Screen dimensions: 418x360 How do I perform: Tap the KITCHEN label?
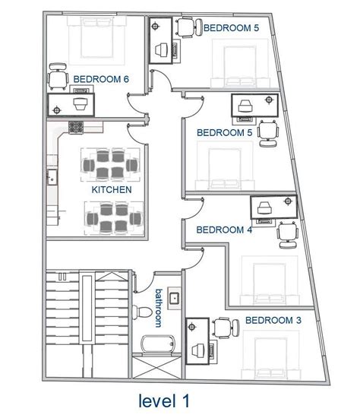click(x=112, y=189)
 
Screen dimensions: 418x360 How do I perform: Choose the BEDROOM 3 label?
click(x=273, y=321)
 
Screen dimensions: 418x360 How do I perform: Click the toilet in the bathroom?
click(x=144, y=312)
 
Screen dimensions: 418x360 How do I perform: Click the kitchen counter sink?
click(x=52, y=179)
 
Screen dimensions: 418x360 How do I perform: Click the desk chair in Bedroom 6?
click(x=56, y=80)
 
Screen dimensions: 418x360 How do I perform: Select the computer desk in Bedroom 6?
click(x=72, y=103)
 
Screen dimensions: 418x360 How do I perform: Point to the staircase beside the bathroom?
click(x=85, y=319)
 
